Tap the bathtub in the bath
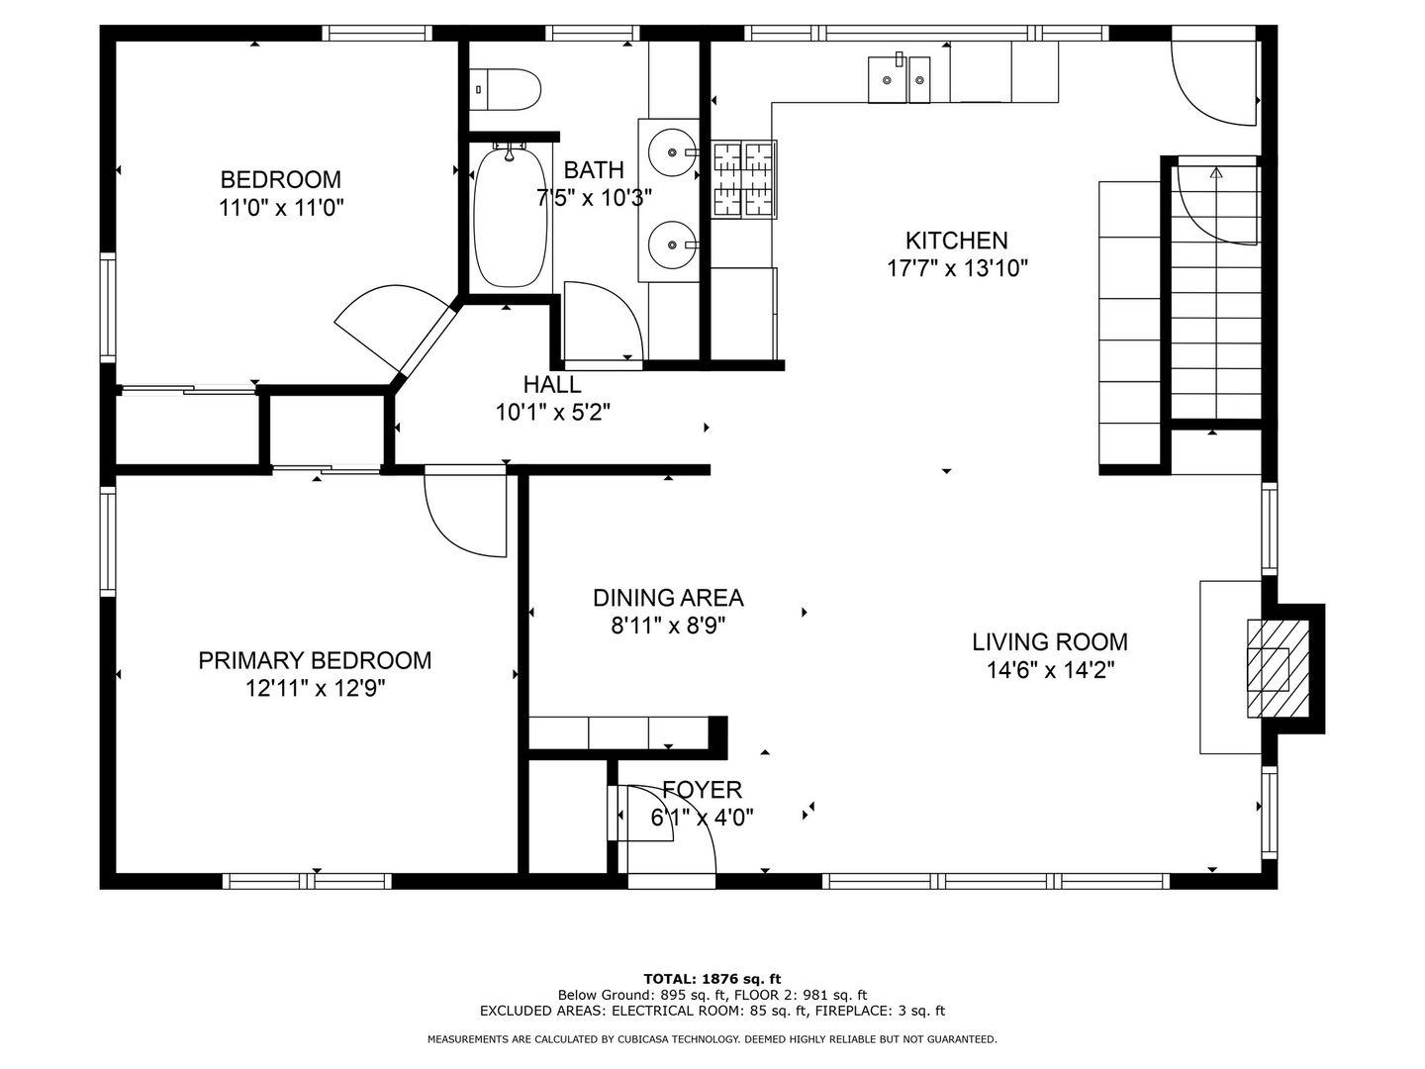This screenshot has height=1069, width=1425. [x=510, y=216]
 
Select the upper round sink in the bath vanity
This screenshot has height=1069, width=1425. [x=674, y=153]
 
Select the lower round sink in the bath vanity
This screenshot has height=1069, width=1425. [x=674, y=243]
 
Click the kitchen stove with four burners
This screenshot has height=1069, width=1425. [x=744, y=178]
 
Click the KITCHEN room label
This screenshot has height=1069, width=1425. [x=957, y=241]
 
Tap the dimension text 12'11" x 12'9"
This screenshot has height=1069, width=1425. [x=316, y=688]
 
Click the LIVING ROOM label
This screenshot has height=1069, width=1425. [x=1050, y=642]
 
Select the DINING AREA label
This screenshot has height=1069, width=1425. [x=668, y=598]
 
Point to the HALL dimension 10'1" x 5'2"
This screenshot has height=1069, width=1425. [x=553, y=412]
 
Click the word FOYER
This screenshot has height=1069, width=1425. [x=702, y=789]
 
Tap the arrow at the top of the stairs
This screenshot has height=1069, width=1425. [x=1216, y=173]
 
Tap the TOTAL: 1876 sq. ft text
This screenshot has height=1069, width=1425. [x=712, y=979]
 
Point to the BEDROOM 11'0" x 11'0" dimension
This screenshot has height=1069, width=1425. [x=281, y=207]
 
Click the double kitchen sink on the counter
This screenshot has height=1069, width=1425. [x=900, y=79]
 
